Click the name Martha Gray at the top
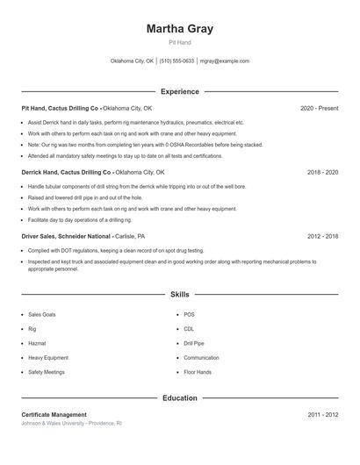(180, 29)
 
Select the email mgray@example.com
(225, 61)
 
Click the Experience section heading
(180, 91)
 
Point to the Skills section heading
(180, 296)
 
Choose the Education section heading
(180, 398)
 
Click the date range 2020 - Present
(319, 108)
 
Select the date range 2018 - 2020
(322, 173)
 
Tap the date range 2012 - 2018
(322, 237)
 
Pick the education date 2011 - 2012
(322, 414)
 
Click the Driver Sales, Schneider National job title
(67, 237)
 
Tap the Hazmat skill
(38, 343)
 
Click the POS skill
(190, 314)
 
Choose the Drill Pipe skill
(194, 343)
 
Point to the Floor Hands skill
(198, 372)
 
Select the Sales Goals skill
(42, 314)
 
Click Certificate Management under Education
(54, 414)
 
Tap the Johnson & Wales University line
(71, 423)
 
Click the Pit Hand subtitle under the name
(180, 42)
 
